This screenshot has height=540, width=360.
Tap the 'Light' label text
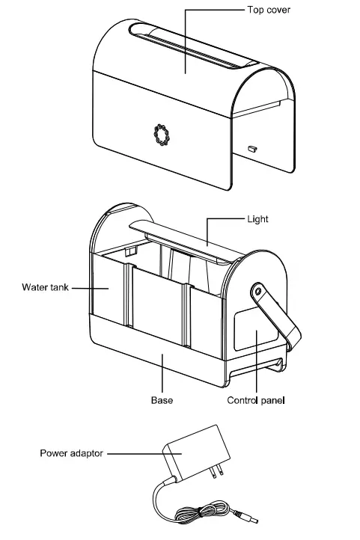[x=257, y=220]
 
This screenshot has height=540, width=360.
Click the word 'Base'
[x=162, y=400]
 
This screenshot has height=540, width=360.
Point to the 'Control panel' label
[x=256, y=400]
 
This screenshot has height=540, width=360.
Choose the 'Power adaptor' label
[x=72, y=452]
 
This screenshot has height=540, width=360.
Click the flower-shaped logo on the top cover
[x=159, y=134]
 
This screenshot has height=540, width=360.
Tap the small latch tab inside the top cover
[x=252, y=148]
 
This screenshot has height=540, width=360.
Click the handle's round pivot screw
[x=257, y=289]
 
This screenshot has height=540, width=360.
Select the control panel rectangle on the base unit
[x=251, y=332]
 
